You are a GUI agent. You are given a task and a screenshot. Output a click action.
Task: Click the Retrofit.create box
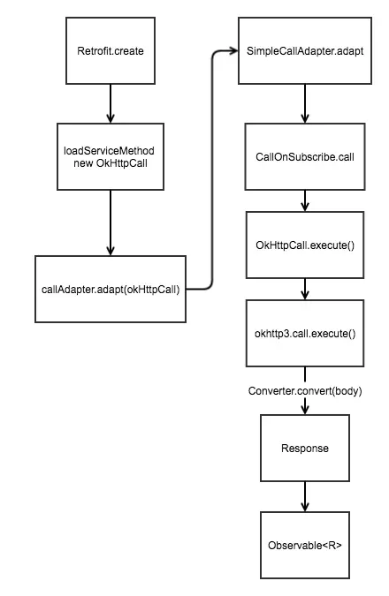coord(111,50)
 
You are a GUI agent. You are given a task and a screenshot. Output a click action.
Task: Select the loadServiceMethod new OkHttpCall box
coord(111,156)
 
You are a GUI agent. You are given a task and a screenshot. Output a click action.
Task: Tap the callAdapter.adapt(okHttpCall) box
coord(111,289)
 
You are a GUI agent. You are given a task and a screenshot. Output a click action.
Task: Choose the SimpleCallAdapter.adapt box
coord(305,50)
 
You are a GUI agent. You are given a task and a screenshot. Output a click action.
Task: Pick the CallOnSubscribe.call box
coord(305,156)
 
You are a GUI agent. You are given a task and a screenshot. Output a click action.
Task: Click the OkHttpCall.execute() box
coord(305,245)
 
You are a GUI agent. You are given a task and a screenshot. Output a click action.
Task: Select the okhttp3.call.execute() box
coord(305,334)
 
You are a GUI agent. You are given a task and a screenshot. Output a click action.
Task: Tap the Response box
coord(305,449)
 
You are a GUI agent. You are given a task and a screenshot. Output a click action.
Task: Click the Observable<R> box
coord(305,546)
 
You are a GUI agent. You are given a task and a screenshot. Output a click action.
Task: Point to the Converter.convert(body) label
coord(305,391)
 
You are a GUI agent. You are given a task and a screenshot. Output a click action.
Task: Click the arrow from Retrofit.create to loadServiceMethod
coord(111,103)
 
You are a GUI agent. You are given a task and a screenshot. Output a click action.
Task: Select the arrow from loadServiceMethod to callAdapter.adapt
coord(111,223)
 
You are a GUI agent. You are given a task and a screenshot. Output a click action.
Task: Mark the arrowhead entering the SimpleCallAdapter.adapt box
coord(233,50)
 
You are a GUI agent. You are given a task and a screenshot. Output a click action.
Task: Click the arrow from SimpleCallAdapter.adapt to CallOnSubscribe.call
coord(305,103)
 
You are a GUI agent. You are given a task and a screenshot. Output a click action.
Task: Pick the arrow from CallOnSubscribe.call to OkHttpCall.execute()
coord(305,200)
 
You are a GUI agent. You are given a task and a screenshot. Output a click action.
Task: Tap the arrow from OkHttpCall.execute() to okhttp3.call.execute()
coord(305,290)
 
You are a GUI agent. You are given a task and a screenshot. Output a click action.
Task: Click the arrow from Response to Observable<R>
coord(305,497)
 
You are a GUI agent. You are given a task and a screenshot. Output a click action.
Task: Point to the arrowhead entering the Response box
coord(305,410)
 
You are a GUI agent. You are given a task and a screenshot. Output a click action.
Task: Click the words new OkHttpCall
coord(111,163)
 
